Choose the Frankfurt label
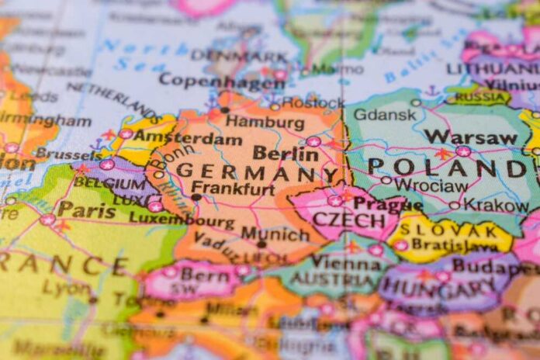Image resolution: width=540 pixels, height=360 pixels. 233,189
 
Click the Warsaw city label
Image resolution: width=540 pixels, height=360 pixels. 470,137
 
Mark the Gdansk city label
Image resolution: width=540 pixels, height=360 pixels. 396,114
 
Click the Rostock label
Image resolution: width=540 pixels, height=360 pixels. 313,102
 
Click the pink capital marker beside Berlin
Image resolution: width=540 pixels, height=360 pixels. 313,141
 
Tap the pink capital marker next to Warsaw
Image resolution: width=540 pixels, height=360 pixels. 463,151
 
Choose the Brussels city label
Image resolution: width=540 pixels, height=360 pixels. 68,154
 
